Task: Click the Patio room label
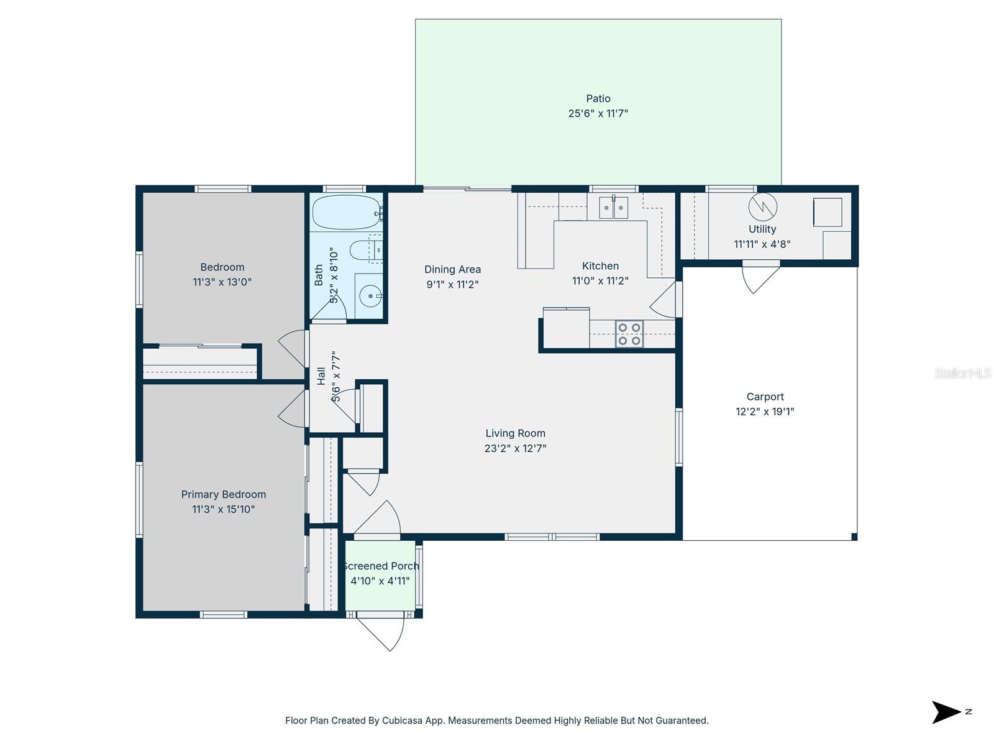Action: (598, 98)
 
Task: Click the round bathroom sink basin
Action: (371, 297)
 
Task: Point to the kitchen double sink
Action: (613, 208)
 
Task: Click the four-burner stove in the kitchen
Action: (629, 334)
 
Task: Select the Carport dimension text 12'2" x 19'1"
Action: (765, 412)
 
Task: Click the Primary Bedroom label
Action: (223, 494)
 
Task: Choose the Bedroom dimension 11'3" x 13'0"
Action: (222, 282)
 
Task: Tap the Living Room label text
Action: (515, 433)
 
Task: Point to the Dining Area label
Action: (452, 269)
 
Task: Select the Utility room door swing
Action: (760, 278)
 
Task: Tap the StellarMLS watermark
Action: (962, 373)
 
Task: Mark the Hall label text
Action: (321, 376)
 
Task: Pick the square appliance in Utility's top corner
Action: (828, 212)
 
